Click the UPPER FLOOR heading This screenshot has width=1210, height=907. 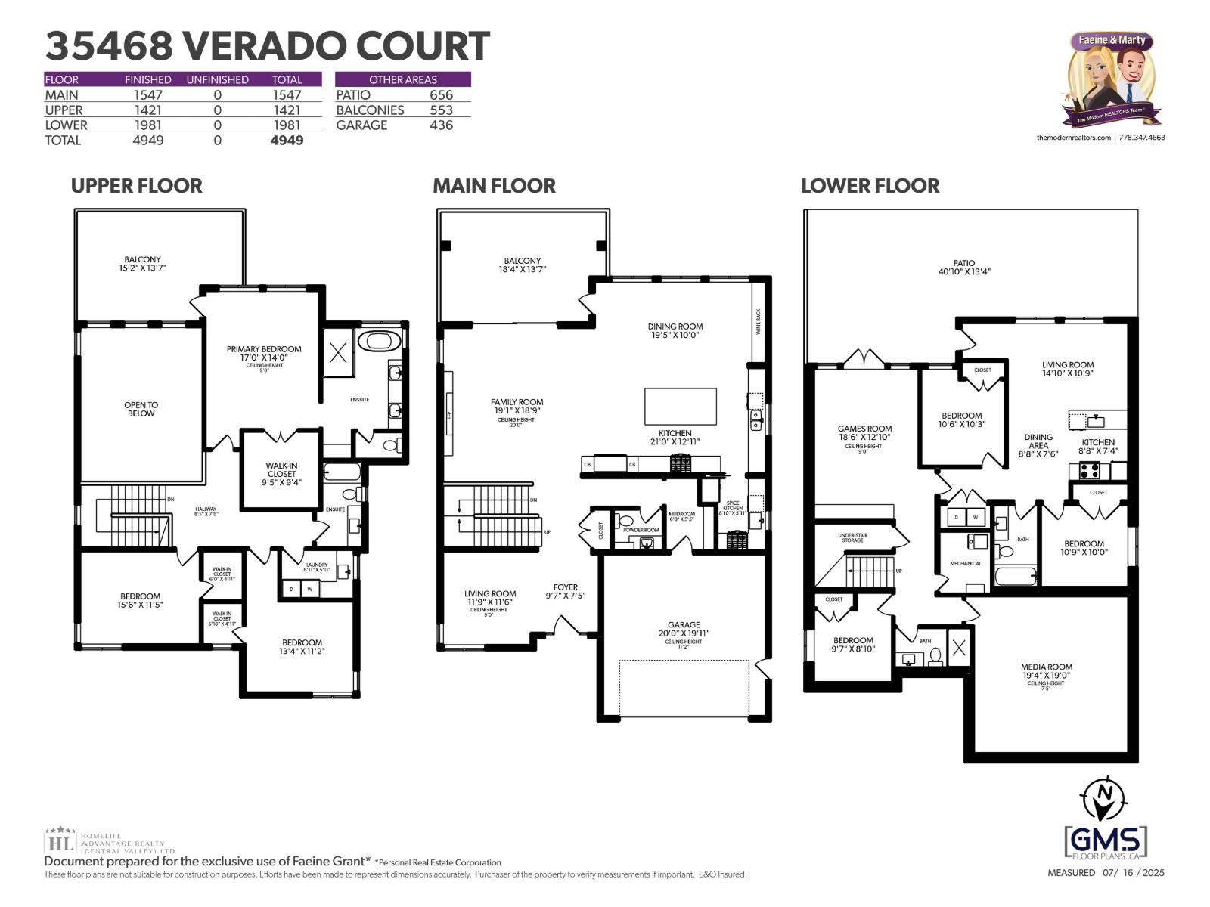pyautogui.click(x=136, y=186)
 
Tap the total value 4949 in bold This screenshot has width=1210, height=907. pyautogui.click(x=287, y=141)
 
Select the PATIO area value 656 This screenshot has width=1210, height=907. pyautogui.click(x=441, y=95)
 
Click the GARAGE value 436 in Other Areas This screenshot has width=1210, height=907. pyautogui.click(x=441, y=125)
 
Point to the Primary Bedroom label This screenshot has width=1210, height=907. pyautogui.click(x=264, y=353)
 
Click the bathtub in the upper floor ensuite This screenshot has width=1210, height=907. pyautogui.click(x=379, y=340)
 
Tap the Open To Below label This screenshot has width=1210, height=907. pyautogui.click(x=141, y=409)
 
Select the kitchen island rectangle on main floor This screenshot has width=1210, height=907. pyautogui.click(x=680, y=406)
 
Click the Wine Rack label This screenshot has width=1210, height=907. pyautogui.click(x=759, y=321)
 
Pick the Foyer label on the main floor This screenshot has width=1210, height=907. pyautogui.click(x=565, y=591)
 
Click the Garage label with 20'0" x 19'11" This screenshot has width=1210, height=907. pyautogui.click(x=684, y=629)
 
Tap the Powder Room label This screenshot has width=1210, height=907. pyautogui.click(x=641, y=530)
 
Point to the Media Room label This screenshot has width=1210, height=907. pyautogui.click(x=1046, y=671)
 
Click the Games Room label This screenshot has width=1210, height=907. pyautogui.click(x=864, y=432)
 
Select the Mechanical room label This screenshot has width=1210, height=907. pyautogui.click(x=966, y=563)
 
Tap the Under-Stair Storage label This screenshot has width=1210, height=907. pyautogui.click(x=852, y=537)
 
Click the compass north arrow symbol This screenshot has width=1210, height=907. pyautogui.click(x=1105, y=799)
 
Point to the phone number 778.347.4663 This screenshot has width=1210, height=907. pyautogui.click(x=1142, y=138)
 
